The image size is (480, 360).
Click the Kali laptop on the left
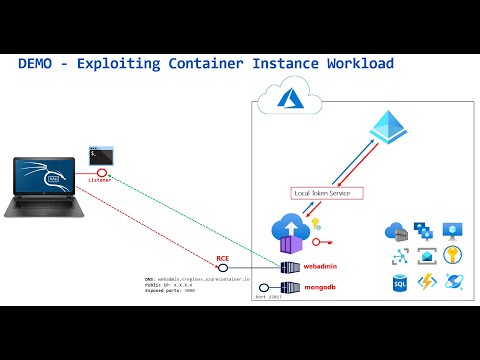coord(49,185)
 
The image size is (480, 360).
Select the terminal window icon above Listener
coord(100,155)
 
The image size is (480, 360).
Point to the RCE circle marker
coord(225,267)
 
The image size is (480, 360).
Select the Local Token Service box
coord(320,192)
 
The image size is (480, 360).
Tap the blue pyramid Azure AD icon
coord(390,129)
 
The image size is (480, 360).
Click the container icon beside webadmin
coord(291,267)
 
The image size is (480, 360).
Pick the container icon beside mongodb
coord(291,287)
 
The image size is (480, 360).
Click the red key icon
coord(319,242)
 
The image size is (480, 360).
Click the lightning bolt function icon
coord(425,283)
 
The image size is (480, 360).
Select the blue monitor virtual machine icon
coord(453,230)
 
